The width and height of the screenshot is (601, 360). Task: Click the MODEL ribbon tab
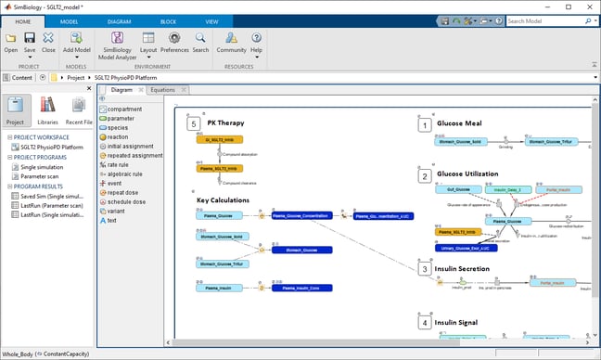(x=70, y=20)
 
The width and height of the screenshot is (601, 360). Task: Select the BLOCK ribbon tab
(x=167, y=20)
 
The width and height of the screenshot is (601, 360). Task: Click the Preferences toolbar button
(x=174, y=43)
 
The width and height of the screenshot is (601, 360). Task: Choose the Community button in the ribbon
(x=231, y=43)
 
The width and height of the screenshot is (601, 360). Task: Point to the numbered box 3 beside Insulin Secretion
(x=424, y=269)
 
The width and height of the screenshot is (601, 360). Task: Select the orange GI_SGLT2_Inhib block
(x=219, y=139)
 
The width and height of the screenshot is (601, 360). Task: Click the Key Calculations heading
(x=223, y=199)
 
